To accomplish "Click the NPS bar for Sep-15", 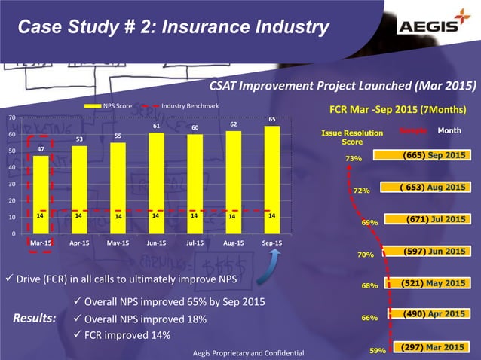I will tap(272, 181).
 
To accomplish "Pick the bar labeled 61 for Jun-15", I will tap(156, 184).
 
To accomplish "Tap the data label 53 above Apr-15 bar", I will tap(79, 139).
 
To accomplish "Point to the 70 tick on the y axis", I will tap(11, 118).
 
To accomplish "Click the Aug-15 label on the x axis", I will tap(233, 243).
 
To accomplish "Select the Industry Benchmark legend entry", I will tap(188, 106).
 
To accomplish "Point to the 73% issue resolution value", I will tap(354, 159).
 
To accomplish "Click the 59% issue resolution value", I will tap(378, 350).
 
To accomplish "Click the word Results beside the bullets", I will tap(35, 318).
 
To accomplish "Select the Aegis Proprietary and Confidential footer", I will tap(248, 352).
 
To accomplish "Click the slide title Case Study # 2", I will tap(173, 28).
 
